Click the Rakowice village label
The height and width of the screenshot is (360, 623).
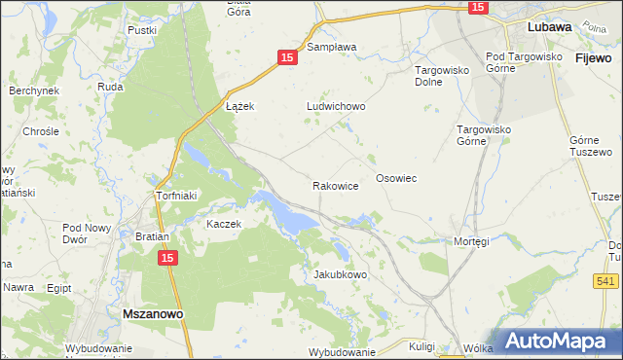(x=336, y=185)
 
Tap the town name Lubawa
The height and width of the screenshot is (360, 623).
(x=549, y=27)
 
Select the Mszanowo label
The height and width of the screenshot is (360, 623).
(x=156, y=314)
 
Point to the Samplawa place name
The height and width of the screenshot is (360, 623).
(x=332, y=46)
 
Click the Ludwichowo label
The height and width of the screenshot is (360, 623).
(x=335, y=107)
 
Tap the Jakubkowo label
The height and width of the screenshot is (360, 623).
(x=341, y=274)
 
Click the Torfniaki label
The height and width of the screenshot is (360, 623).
(x=177, y=196)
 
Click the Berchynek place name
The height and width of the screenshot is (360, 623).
(x=34, y=90)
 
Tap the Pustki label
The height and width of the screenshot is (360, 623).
(x=142, y=30)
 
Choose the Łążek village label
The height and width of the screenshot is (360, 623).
(x=239, y=106)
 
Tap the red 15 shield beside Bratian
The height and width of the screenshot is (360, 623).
(x=167, y=258)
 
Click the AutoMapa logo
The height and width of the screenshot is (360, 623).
(x=556, y=341)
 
